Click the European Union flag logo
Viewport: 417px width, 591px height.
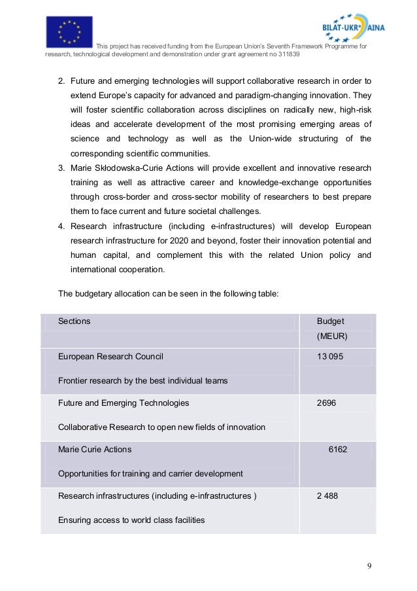pyautogui.click(x=69, y=31)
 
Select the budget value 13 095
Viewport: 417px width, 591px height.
pyautogui.click(x=330, y=357)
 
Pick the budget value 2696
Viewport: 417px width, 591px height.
pyautogui.click(x=326, y=403)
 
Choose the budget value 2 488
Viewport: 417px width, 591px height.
pyautogui.click(x=327, y=496)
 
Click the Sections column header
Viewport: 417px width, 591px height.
pyautogui.click(x=74, y=321)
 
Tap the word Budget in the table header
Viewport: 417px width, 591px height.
pyautogui.click(x=330, y=321)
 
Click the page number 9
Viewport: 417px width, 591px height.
pyautogui.click(x=369, y=566)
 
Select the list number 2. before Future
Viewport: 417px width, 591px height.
pyautogui.click(x=61, y=81)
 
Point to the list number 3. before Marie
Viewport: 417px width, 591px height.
pyautogui.click(x=61, y=168)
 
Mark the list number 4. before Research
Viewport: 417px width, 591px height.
pyautogui.click(x=61, y=225)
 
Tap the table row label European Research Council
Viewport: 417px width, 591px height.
pyautogui.click(x=110, y=357)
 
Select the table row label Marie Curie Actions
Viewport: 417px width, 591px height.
pyautogui.click(x=95, y=450)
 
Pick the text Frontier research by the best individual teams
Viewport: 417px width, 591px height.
pyautogui.click(x=142, y=380)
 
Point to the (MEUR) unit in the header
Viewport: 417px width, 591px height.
pyautogui.click(x=332, y=336)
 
